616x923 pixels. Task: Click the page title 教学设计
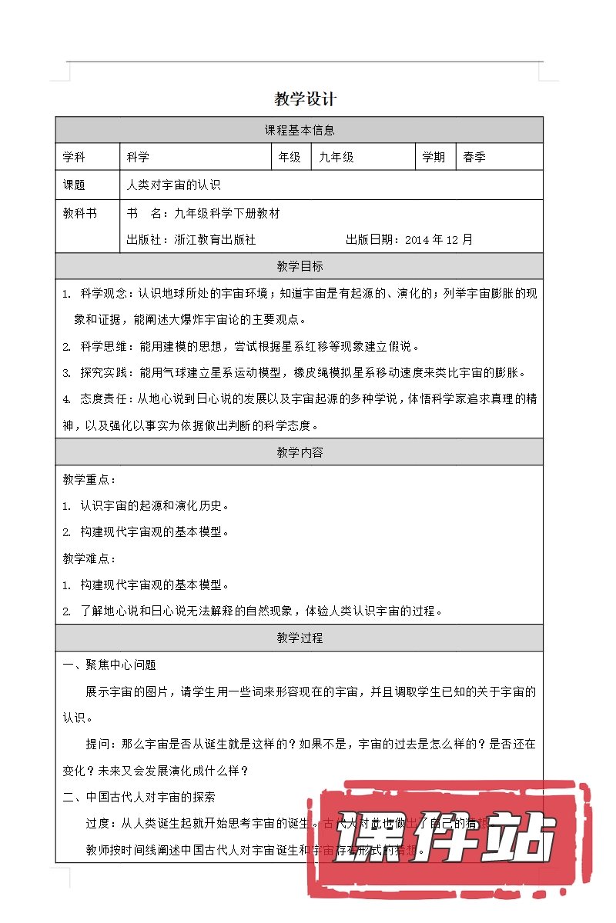pyautogui.click(x=306, y=99)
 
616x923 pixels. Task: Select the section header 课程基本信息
pyautogui.click(x=300, y=130)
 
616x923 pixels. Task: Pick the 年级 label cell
pyautogui.click(x=290, y=157)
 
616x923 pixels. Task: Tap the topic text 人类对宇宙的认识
pyautogui.click(x=173, y=185)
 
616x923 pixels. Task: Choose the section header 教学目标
pyautogui.click(x=300, y=266)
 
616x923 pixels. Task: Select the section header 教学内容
pyautogui.click(x=300, y=452)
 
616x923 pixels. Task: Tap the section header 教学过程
pyautogui.click(x=300, y=638)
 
